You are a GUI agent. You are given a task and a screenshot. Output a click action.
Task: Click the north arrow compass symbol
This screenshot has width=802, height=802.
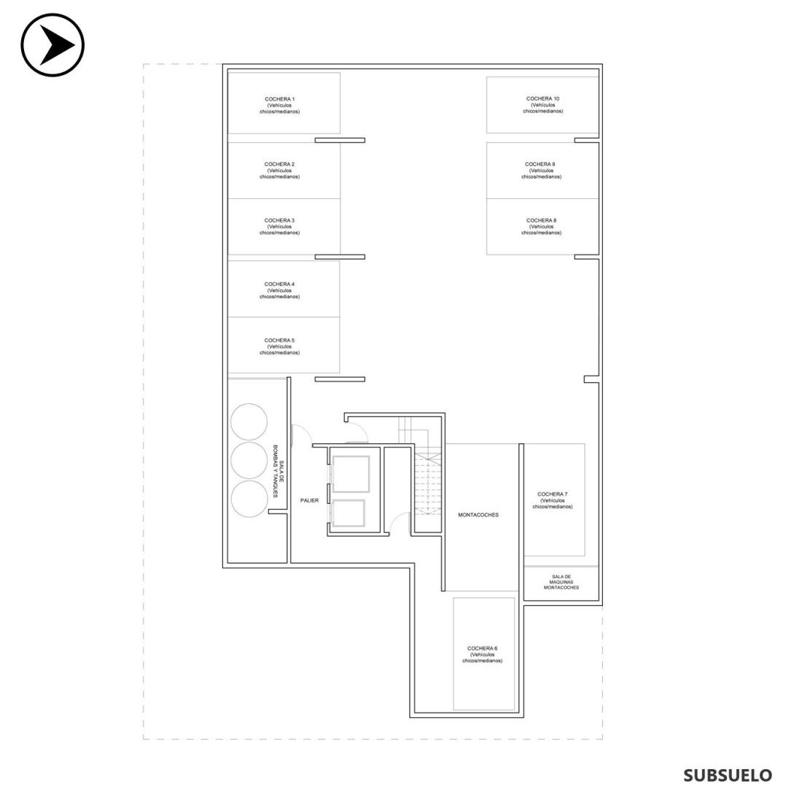click(52, 45)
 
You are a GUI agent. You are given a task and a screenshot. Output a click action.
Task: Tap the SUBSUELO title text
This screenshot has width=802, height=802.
click(728, 776)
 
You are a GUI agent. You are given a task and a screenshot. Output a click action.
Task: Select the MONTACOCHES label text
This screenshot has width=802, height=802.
click(478, 515)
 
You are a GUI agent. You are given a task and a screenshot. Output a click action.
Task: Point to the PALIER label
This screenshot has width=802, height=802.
click(309, 500)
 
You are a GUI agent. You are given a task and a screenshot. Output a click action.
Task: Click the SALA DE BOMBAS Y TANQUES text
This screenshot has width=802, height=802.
click(278, 471)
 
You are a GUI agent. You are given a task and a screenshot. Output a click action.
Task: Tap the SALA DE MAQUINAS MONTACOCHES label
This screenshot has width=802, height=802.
click(561, 582)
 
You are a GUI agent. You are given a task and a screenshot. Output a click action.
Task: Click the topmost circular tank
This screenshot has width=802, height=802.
click(249, 422)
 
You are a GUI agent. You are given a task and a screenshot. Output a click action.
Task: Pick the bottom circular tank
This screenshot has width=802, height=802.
click(249, 499)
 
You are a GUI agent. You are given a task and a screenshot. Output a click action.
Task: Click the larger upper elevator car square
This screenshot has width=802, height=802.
click(351, 474)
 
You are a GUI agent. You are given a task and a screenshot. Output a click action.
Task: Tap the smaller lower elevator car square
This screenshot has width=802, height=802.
click(349, 513)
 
